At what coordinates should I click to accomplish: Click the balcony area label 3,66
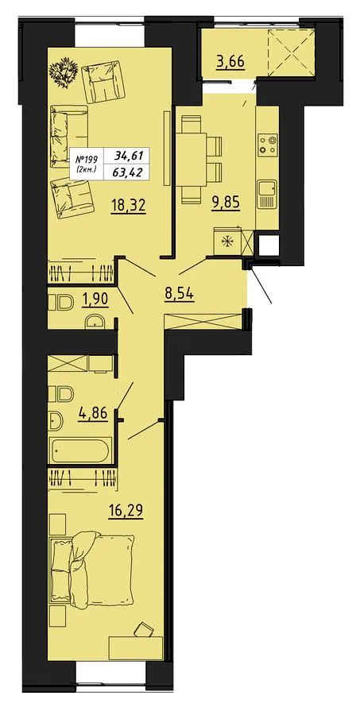(231, 60)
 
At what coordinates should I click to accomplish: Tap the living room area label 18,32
(129, 206)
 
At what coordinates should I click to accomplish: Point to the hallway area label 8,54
(180, 292)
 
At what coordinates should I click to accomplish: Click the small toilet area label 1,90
(95, 301)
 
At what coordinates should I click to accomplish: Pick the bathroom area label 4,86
(93, 415)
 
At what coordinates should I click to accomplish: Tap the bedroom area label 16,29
(126, 510)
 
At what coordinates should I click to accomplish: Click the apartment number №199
(87, 160)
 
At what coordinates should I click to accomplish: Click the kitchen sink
(267, 194)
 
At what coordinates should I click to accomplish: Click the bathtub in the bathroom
(79, 450)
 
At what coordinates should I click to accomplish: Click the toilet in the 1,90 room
(61, 301)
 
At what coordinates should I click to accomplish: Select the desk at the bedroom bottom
(136, 648)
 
